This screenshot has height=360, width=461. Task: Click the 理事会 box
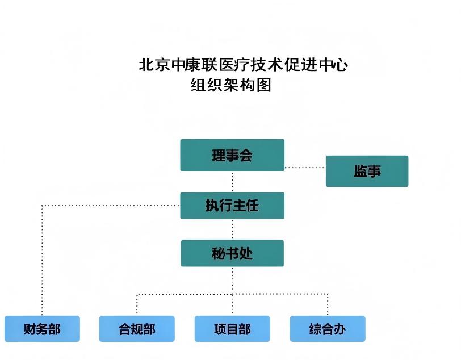click(232, 155)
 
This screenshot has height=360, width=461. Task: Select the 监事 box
click(367, 171)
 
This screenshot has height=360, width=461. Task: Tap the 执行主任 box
click(232, 205)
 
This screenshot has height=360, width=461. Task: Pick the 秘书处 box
click(232, 253)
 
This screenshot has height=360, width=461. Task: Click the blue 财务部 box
click(42, 329)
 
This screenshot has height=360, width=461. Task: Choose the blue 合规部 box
click(137, 329)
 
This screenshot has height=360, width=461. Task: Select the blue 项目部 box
click(232, 329)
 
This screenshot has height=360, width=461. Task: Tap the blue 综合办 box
click(328, 329)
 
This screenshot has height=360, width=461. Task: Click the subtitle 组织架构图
click(230, 85)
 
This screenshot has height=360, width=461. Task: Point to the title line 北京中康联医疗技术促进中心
click(244, 65)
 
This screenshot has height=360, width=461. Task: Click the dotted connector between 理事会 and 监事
click(305, 168)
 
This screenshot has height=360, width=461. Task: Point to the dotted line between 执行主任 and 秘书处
click(232, 229)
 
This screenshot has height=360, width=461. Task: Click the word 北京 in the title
click(156, 65)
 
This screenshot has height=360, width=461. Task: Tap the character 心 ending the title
click(341, 65)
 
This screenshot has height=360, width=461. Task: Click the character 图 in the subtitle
click(264, 85)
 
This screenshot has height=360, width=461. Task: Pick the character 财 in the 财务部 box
click(30, 329)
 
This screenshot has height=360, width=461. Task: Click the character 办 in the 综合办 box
click(340, 329)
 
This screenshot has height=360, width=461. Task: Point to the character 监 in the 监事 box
click(360, 171)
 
